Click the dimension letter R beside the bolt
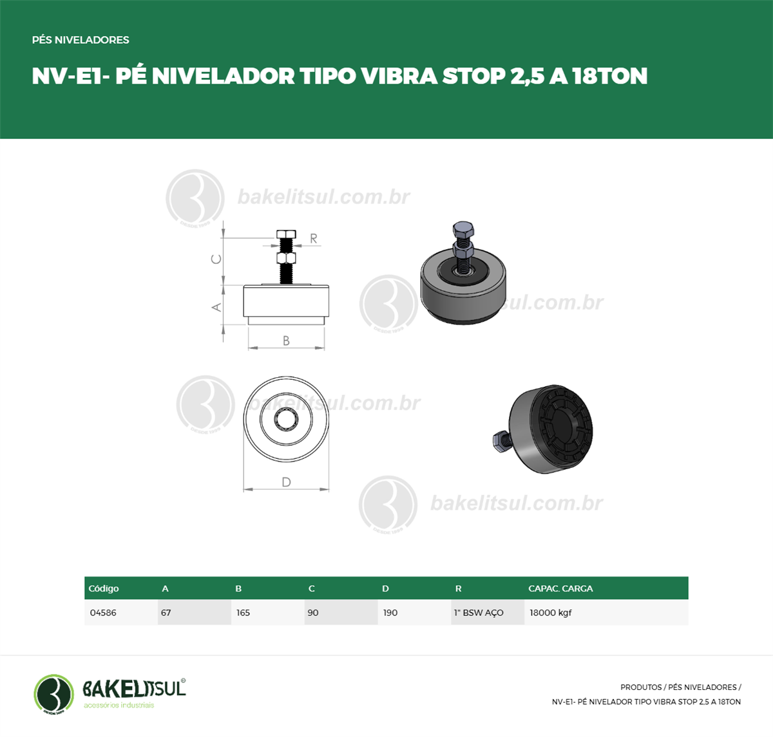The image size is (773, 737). click(313, 238)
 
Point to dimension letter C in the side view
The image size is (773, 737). click(216, 259)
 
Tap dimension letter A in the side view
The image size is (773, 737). click(216, 307)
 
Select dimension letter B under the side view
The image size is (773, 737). click(286, 341)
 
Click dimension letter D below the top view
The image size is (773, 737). click(286, 482)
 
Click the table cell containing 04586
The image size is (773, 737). click(121, 613)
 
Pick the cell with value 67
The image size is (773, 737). click(195, 613)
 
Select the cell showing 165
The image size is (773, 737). click(268, 613)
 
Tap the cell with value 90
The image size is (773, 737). click(341, 613)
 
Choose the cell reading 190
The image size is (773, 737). click(414, 613)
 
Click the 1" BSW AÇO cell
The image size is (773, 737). click(488, 613)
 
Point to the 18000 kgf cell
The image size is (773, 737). click(606, 613)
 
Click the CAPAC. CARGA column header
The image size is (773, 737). click(560, 588)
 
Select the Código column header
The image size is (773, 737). click(104, 588)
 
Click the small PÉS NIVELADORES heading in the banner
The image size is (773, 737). click(81, 40)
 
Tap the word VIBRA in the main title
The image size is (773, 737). click(399, 76)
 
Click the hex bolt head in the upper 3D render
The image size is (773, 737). click(463, 229)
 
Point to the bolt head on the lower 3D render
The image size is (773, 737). click(499, 441)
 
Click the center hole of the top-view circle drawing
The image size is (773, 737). click(286, 418)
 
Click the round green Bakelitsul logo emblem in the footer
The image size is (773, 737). click(54, 694)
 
